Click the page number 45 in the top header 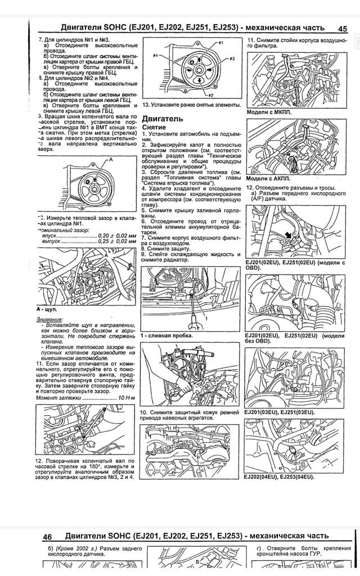[342, 28]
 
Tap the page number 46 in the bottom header [47, 537]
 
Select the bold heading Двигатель [163, 119]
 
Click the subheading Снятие [154, 128]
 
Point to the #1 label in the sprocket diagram [220, 43]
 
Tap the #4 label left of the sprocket [155, 56]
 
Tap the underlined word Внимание [49, 319]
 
